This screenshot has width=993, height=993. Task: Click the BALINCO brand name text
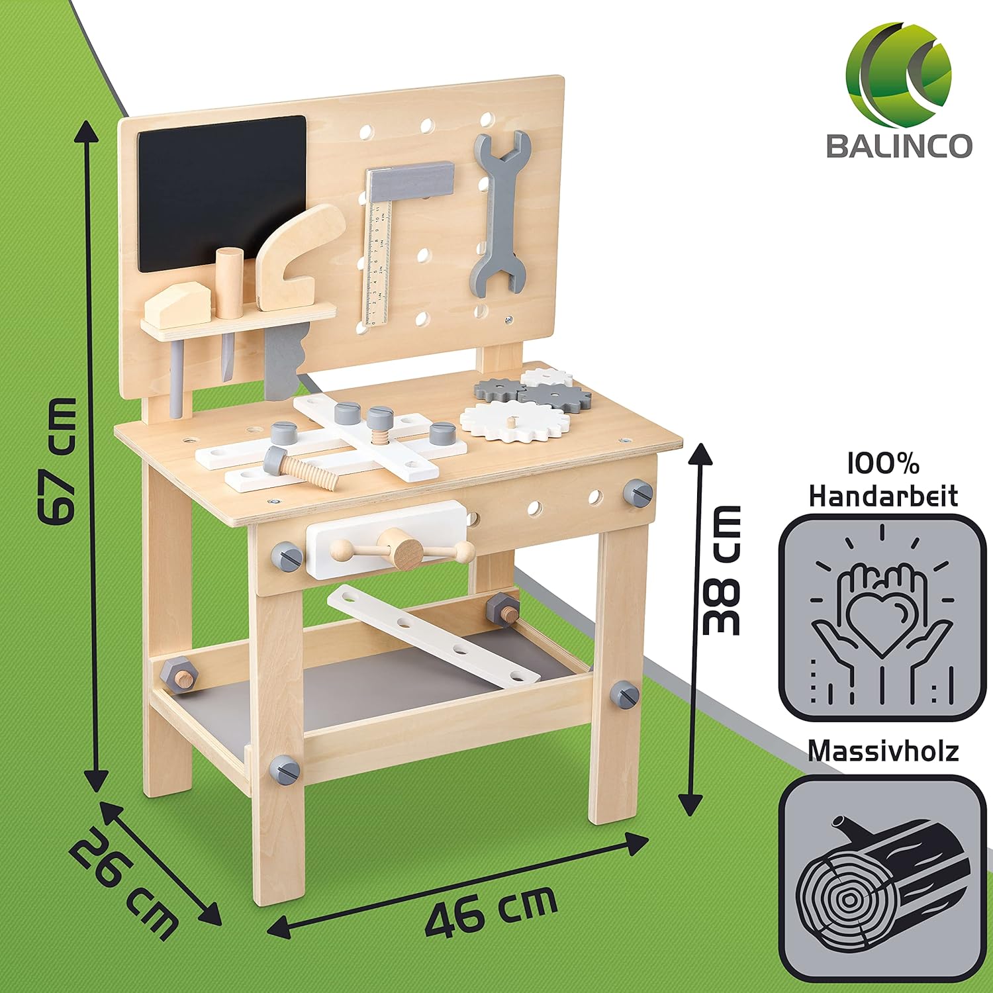click(x=899, y=145)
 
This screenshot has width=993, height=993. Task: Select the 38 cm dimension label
click(x=721, y=570)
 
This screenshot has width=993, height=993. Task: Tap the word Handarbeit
click(x=883, y=496)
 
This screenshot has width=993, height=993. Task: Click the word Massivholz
click(x=883, y=751)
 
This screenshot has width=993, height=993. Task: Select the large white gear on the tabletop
click(x=514, y=421)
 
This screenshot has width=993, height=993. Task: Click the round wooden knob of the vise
click(x=404, y=549)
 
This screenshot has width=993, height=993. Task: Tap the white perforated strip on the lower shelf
click(x=434, y=636)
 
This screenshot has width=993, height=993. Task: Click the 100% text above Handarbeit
click(x=883, y=465)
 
